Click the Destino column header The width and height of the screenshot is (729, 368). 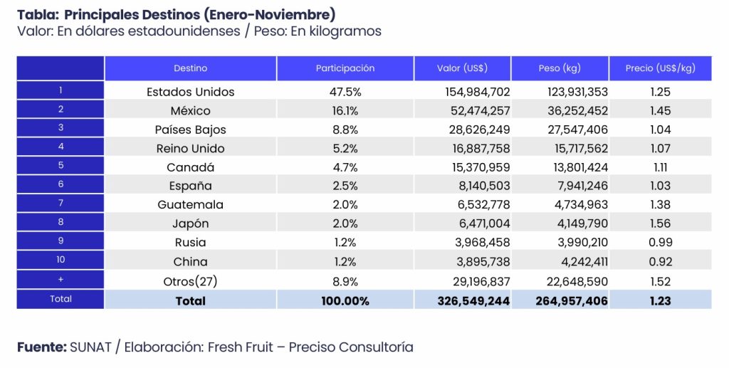pyautogui.click(x=190, y=68)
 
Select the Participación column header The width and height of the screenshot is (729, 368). pyautogui.click(x=345, y=68)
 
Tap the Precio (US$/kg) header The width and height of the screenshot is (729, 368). pyautogui.click(x=660, y=68)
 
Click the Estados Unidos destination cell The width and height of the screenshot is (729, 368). pyautogui.click(x=190, y=92)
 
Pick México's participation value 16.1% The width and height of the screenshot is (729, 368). pyautogui.click(x=345, y=111)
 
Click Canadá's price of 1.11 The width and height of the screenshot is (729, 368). pyautogui.click(x=660, y=167)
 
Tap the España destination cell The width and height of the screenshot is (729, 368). pyautogui.click(x=190, y=186)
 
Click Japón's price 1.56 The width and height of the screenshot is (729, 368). pyautogui.click(x=660, y=224)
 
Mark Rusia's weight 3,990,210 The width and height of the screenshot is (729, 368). pyautogui.click(x=577, y=242)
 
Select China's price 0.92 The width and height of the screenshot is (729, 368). pyautogui.click(x=660, y=261)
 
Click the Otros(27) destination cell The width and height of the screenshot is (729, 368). pyautogui.click(x=190, y=281)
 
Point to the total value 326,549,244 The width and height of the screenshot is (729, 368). pyautogui.click(x=473, y=301)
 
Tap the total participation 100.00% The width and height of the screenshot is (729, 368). pyautogui.click(x=345, y=301)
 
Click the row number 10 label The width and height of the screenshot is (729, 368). pyautogui.click(x=61, y=261)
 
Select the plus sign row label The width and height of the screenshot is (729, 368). pyautogui.click(x=61, y=280)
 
